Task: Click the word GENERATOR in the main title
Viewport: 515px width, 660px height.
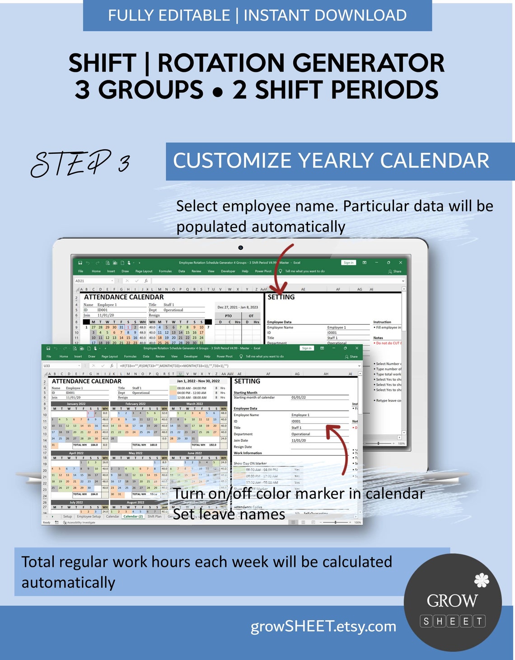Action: [368, 63]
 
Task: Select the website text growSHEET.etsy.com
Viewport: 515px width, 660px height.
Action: [323, 626]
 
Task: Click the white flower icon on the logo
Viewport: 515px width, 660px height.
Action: [482, 580]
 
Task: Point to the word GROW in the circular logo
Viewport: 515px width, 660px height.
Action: [452, 601]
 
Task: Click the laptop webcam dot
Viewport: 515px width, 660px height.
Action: [240, 247]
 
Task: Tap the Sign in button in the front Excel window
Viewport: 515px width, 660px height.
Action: [307, 348]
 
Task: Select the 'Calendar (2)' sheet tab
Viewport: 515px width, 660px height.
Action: [133, 516]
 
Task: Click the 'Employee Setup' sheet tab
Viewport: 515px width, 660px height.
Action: [89, 516]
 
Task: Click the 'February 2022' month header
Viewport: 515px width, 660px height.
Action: [136, 404]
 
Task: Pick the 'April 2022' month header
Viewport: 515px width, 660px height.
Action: [76, 453]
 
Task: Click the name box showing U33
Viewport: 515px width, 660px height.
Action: [61, 366]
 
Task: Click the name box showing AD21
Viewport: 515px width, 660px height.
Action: [93, 281]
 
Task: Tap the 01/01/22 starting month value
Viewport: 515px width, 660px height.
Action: [299, 397]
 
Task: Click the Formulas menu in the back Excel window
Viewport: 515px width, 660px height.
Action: [165, 271]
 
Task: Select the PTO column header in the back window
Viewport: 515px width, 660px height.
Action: [228, 316]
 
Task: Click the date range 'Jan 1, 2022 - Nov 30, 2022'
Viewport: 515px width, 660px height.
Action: [198, 381]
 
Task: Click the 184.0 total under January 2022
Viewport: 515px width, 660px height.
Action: [94, 445]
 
